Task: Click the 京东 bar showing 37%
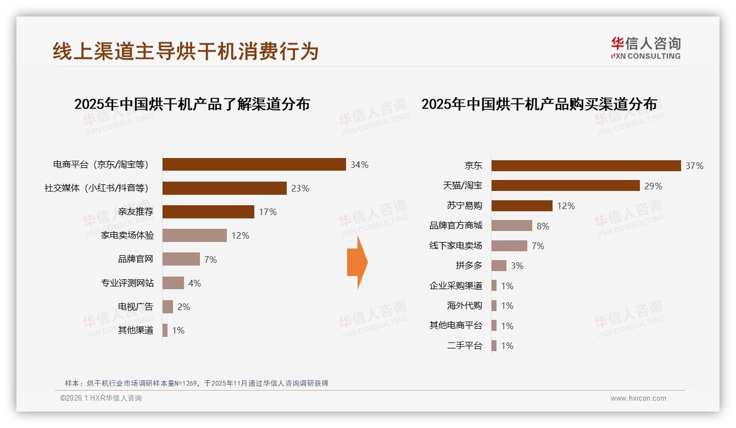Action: tap(586, 166)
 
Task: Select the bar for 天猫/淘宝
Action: tap(565, 185)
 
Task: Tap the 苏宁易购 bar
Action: tap(522, 206)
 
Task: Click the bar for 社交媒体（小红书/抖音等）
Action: tap(224, 188)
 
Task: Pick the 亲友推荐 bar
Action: tap(208, 212)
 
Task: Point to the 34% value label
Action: tap(359, 165)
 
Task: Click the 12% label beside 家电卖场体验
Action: tap(240, 235)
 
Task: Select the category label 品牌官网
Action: tap(136, 259)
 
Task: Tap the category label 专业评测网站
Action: tap(127, 283)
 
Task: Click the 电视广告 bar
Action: tap(168, 307)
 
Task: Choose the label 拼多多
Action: tap(469, 266)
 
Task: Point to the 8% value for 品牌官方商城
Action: tap(543, 226)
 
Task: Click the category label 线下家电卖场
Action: tap(455, 246)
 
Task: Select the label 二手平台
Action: tap(464, 346)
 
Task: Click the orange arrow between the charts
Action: tap(357, 262)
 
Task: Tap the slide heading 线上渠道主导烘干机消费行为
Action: tap(186, 51)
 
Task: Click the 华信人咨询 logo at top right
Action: tap(645, 48)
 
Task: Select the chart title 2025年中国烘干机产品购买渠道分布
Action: tap(539, 104)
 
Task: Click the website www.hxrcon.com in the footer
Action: tap(638, 398)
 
